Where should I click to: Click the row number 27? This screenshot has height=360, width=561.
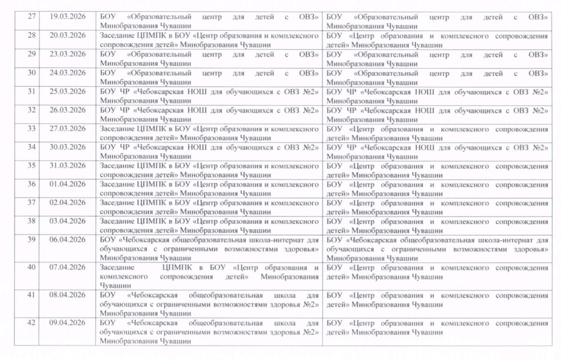point(31,17)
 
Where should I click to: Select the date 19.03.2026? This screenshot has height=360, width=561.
point(67,17)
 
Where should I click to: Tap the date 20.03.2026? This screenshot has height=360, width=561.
point(67,35)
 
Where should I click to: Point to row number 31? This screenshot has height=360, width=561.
point(31,91)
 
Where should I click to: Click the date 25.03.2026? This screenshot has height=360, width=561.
point(67,91)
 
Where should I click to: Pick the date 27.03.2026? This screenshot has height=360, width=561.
point(67,128)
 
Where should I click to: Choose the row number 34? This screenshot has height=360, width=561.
point(31,147)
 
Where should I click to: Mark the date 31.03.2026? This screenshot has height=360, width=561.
point(67,165)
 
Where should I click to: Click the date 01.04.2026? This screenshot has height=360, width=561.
point(67,184)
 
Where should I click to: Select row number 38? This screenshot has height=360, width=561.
point(31,221)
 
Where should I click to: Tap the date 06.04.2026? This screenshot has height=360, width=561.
point(67,239)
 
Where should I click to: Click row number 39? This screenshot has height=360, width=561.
point(31,239)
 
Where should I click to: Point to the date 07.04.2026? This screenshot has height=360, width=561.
point(67,267)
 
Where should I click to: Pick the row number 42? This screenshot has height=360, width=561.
point(31,323)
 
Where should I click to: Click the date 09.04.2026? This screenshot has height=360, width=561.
point(67,323)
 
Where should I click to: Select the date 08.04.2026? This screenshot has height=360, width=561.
point(67,295)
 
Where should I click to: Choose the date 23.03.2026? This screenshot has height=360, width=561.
point(67,54)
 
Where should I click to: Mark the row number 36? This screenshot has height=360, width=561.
point(31,184)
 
